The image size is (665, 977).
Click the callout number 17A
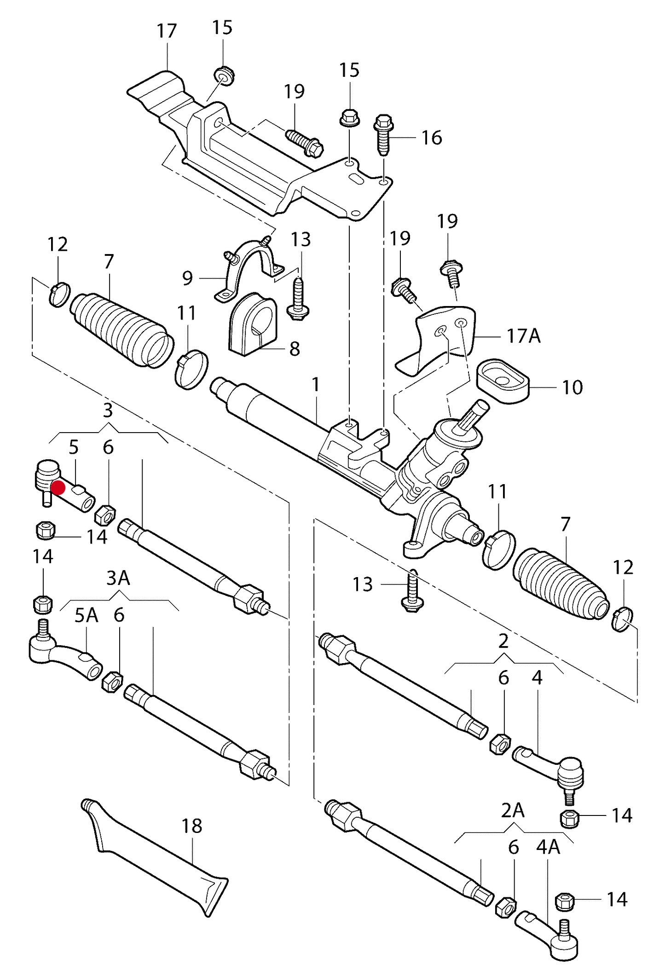click(523, 336)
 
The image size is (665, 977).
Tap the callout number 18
click(191, 826)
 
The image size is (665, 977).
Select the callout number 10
click(572, 387)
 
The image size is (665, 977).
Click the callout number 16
click(432, 138)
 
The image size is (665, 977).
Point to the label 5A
click(87, 615)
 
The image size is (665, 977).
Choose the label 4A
click(548, 847)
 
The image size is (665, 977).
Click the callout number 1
click(315, 385)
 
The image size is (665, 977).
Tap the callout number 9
click(187, 278)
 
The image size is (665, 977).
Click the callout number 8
click(295, 349)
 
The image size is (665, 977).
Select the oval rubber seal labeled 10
click(503, 382)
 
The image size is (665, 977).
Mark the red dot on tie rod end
click(58, 487)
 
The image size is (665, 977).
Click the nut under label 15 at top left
click(224, 75)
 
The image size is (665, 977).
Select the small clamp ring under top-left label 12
click(59, 295)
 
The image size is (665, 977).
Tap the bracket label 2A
click(512, 811)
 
